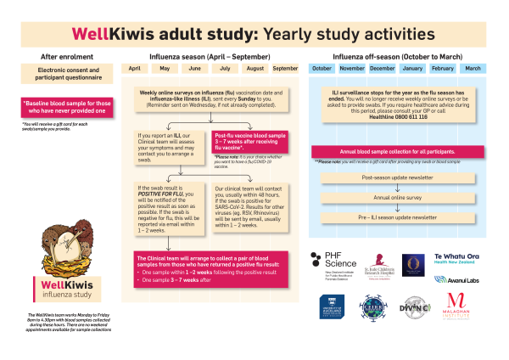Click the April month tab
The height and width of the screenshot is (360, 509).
tap(134, 68)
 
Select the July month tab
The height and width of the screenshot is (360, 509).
tap(225, 68)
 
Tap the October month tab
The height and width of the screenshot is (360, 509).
tap(322, 68)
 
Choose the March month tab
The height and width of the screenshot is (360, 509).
tap(473, 68)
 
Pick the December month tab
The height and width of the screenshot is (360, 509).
tap(383, 68)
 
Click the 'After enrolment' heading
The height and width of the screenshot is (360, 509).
tap(61, 56)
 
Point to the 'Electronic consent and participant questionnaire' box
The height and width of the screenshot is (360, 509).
tap(61, 76)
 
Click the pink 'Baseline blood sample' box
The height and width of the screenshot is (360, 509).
tap(61, 107)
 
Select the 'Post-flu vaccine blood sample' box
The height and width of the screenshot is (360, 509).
tap(250, 141)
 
